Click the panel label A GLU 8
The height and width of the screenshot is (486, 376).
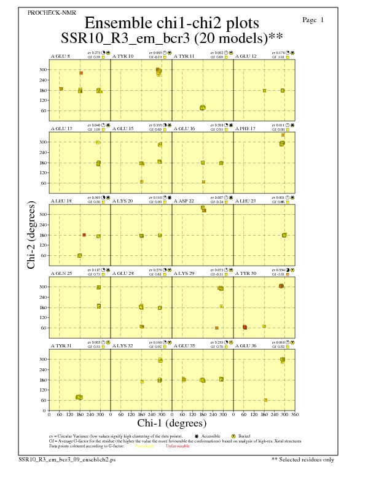pyautogui.click(x=60, y=56)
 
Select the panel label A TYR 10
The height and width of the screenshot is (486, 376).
pyautogui.click(x=123, y=56)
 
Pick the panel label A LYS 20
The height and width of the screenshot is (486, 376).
pyautogui.click(x=122, y=201)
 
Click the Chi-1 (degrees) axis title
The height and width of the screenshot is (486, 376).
pyautogui.click(x=171, y=423)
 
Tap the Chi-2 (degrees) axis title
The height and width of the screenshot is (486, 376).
pyautogui.click(x=31, y=235)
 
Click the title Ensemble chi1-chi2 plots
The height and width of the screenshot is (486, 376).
pyautogui.click(x=171, y=23)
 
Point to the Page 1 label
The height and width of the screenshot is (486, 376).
pyautogui.click(x=313, y=20)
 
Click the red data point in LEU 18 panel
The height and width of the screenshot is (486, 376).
pyautogui.click(x=84, y=235)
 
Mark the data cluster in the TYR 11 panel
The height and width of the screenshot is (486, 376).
pyautogui.click(x=203, y=108)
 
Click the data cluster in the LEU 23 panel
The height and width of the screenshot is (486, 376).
pyautogui.click(x=284, y=235)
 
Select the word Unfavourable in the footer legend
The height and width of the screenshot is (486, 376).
pyautogui.click(x=178, y=446)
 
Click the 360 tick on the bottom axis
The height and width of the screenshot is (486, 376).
pyautogui.click(x=295, y=414)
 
